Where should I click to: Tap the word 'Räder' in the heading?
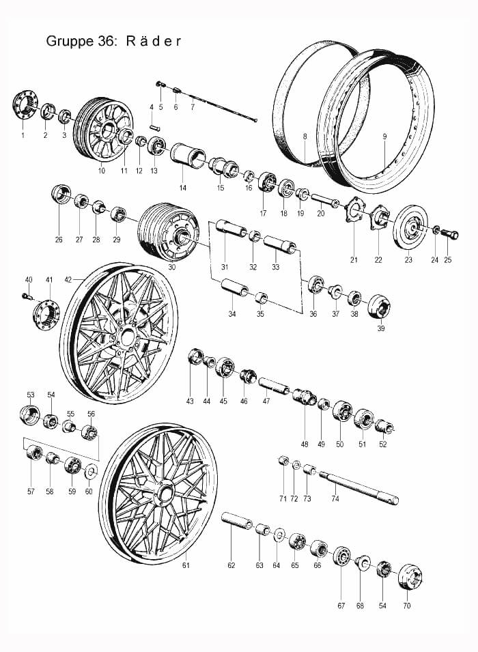[154, 41]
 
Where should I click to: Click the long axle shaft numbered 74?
[358, 487]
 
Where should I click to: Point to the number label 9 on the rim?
[385, 136]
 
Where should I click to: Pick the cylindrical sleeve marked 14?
[188, 158]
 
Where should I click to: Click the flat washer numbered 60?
[90, 472]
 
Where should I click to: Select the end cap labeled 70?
[410, 577]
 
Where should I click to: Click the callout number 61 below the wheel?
[186, 565]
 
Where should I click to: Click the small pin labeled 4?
[154, 128]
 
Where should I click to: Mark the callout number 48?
[305, 444]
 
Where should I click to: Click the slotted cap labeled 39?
[379, 307]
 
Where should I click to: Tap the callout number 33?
[275, 267]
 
